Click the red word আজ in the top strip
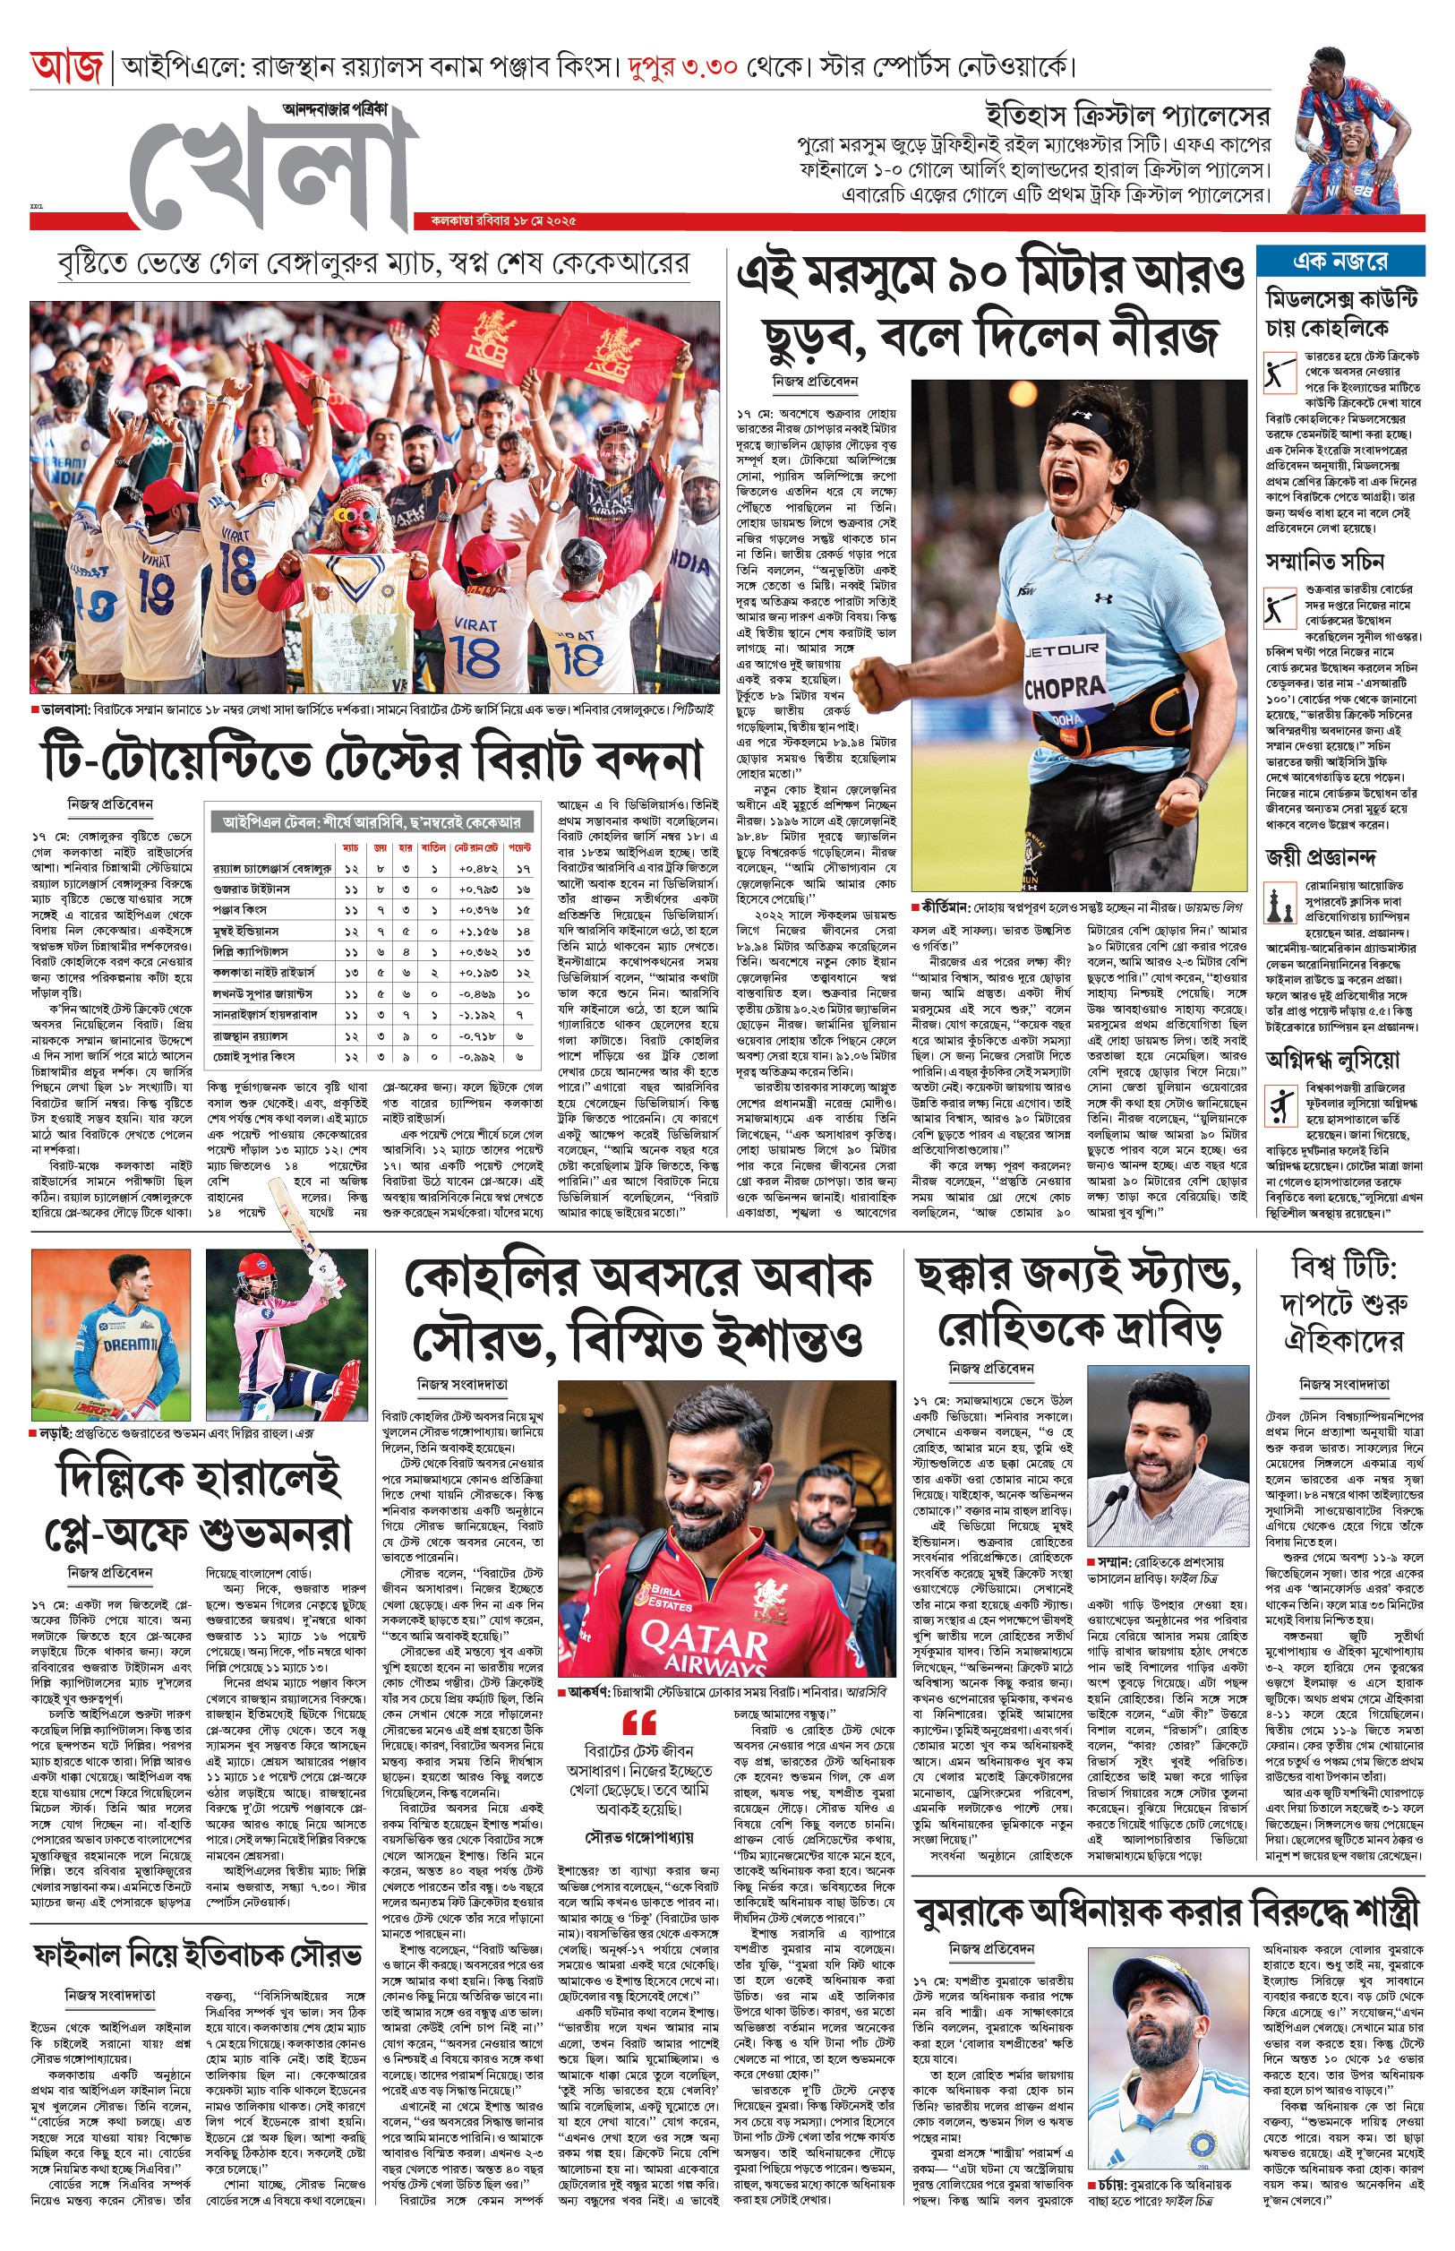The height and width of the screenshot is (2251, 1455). click(x=66, y=67)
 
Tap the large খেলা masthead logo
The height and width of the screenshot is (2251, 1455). click(x=274, y=170)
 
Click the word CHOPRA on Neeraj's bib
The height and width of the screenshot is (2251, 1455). click(x=1064, y=687)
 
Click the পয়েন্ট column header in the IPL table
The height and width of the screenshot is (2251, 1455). click(x=521, y=847)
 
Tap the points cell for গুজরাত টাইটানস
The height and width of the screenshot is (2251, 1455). click(x=521, y=889)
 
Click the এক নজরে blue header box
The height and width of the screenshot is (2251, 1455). click(x=1339, y=261)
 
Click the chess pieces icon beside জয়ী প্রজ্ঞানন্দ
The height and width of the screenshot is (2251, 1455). click(x=1280, y=905)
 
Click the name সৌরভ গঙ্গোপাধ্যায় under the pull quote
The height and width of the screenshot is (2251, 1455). click(x=638, y=1837)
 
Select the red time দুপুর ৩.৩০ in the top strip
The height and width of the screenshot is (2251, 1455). click(x=681, y=67)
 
